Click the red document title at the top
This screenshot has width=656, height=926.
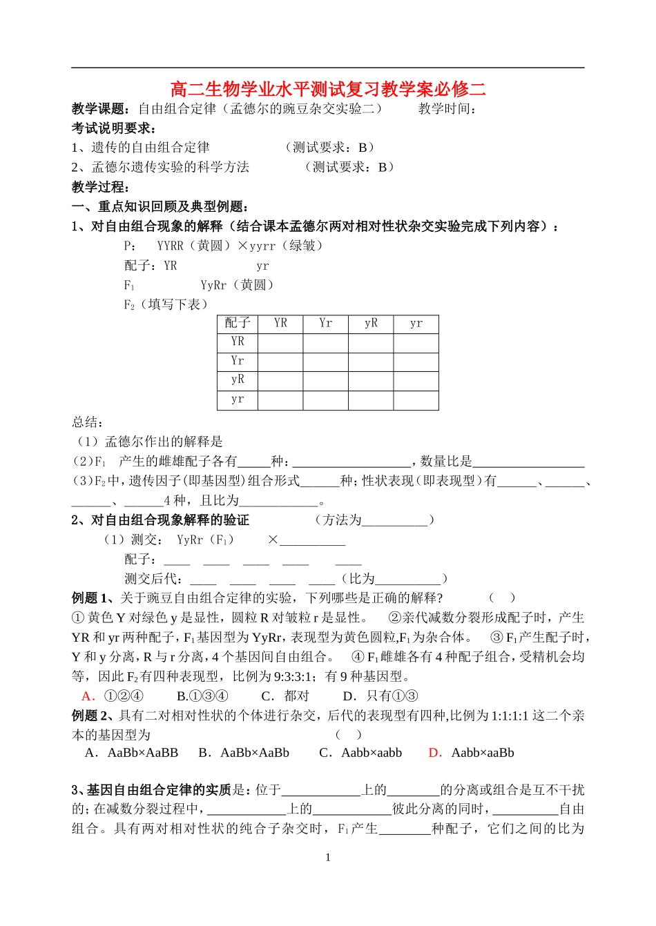[x=328, y=89]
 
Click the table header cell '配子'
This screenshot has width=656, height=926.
[x=238, y=323]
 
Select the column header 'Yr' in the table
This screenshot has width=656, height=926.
[x=325, y=323]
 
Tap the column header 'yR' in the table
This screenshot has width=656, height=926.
[x=371, y=323]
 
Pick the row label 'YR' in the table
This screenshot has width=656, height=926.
[x=238, y=342]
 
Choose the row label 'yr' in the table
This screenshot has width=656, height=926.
[x=238, y=400]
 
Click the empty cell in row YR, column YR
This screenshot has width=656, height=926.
[x=280, y=342]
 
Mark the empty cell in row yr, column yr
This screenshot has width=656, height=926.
[x=416, y=400]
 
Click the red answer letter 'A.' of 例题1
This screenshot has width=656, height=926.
[x=88, y=696]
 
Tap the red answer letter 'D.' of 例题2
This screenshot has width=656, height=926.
[x=435, y=753]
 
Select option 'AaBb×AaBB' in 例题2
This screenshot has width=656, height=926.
[x=142, y=753]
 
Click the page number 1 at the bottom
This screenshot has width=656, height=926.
[x=328, y=857]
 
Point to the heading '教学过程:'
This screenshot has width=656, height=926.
[x=101, y=187]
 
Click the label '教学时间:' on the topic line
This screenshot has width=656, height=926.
[x=447, y=108]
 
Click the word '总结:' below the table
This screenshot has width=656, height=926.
[x=88, y=422]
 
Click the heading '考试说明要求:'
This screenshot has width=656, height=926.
[x=114, y=128]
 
